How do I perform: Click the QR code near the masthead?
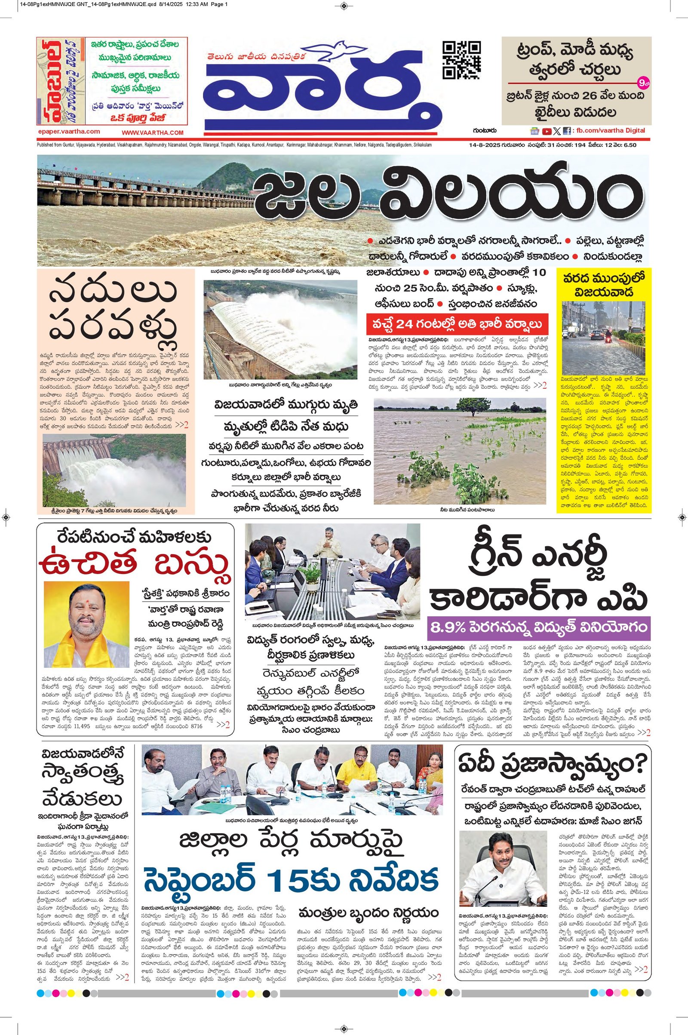[x=461, y=60]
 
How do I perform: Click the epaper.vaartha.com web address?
[x=68, y=131]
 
